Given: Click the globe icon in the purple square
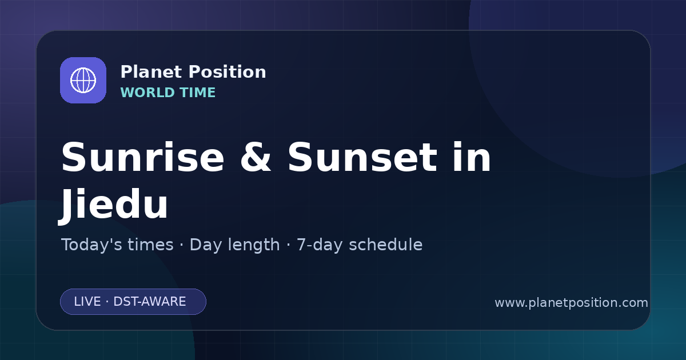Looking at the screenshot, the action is point(83,80).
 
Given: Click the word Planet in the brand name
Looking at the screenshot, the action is point(151,72).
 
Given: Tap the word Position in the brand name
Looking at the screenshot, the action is point(228,72).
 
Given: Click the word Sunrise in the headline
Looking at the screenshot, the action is point(143,157).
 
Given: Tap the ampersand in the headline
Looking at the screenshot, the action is point(256,157).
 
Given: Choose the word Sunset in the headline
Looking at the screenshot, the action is point(362,157).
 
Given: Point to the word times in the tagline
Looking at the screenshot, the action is point(150,245).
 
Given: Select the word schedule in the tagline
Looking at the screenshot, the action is point(386,245).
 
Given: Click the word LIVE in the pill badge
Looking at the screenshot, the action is point(87,302).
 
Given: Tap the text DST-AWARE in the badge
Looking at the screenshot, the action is point(150,302).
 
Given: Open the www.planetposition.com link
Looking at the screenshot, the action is point(572,303).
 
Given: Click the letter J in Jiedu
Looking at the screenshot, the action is point(66,206).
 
